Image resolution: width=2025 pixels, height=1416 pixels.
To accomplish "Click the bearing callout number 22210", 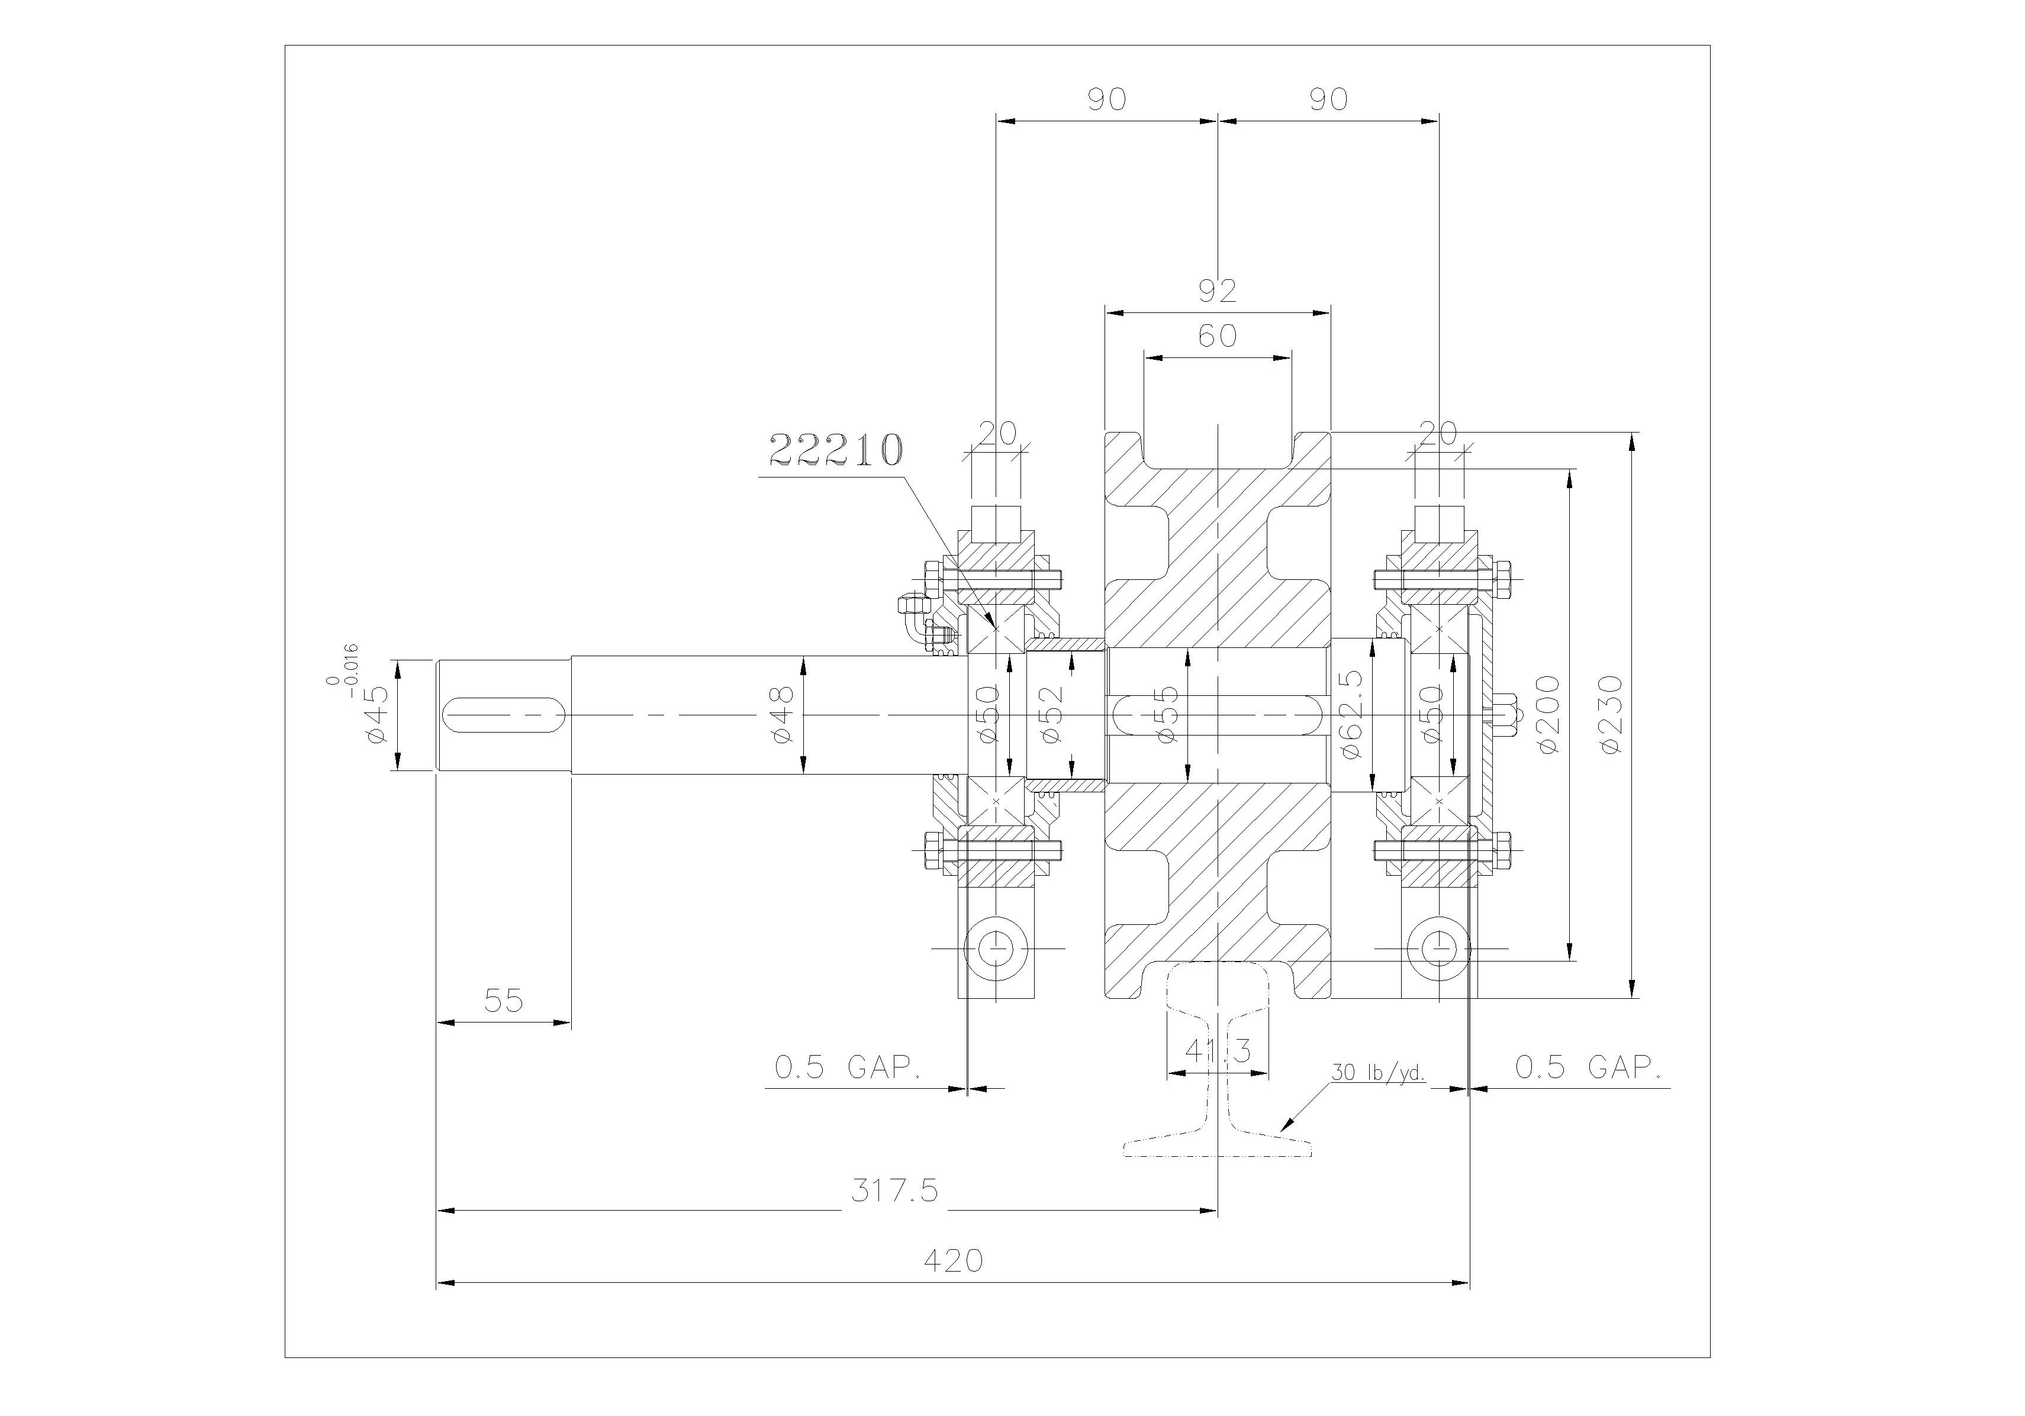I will coord(836,450).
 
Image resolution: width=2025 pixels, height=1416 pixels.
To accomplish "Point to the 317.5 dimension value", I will coord(894,1191).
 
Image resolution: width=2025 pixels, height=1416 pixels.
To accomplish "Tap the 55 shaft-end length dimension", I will coord(504,1000).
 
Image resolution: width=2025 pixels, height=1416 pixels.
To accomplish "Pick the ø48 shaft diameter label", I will coord(783,714).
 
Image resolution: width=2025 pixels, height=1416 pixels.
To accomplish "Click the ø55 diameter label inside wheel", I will coord(1166,714).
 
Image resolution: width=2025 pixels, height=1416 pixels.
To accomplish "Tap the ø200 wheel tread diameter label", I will coord(1548,714).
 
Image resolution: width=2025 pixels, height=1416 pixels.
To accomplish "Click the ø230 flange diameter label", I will coord(1611,714).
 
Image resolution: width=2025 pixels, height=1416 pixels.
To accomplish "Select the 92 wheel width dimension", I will coord(1217,290).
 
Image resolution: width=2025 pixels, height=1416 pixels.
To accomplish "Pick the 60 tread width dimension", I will coord(1217,336).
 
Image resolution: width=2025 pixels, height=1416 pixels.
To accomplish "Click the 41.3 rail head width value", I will coord(1218,1051).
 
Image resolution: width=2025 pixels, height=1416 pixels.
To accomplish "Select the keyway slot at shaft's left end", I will coord(504,714).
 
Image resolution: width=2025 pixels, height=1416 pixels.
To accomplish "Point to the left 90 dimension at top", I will coord(1106,99).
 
